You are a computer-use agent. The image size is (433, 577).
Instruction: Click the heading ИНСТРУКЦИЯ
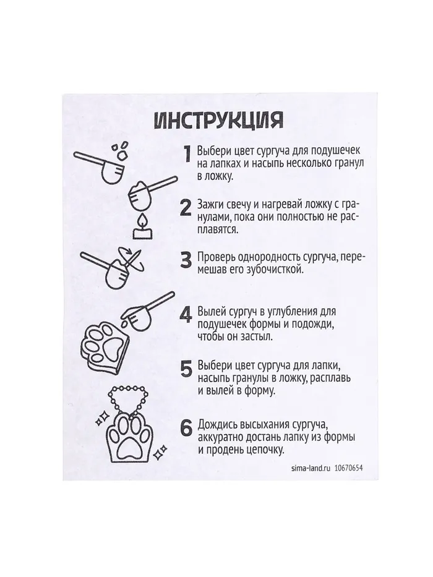coord(219,120)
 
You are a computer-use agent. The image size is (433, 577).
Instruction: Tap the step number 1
coord(188,153)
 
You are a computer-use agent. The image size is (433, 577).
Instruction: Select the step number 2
coord(186,208)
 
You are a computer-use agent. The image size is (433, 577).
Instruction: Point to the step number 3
coord(186,260)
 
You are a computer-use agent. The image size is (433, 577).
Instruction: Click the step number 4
coord(186,314)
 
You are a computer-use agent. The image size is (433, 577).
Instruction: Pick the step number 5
coord(186,369)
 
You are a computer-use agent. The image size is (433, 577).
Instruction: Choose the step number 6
coord(186,429)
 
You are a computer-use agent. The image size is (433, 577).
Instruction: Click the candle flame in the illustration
coord(142,221)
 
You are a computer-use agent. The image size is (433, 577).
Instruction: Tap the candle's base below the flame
coord(142,234)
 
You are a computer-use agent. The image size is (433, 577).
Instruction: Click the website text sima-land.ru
coord(310,468)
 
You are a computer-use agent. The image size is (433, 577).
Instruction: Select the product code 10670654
coord(349,468)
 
